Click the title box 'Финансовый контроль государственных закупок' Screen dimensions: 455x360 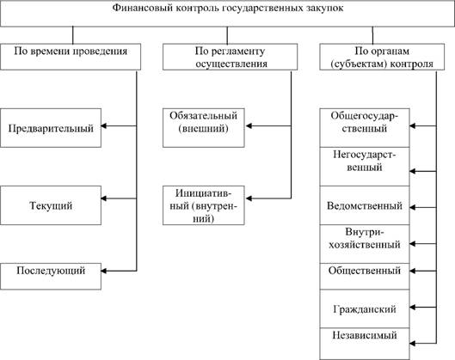click(227, 14)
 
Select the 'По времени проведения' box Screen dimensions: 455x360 click(71, 57)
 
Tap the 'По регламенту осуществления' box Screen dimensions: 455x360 click(231, 57)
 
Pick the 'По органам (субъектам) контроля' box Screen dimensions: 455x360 click(382, 57)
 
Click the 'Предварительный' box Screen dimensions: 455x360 click(51, 128)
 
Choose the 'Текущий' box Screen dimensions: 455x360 click(51, 205)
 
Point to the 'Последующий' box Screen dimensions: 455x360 click(51, 277)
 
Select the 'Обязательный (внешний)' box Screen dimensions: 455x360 click(203, 128)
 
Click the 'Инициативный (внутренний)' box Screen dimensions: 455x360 click(203, 205)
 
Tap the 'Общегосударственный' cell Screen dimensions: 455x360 click(365, 128)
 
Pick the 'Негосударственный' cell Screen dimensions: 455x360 click(365, 167)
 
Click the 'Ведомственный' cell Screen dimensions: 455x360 click(365, 205)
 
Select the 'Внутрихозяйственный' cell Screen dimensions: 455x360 click(365, 244)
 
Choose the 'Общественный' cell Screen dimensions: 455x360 click(365, 277)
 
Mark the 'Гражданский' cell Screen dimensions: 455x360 click(365, 308)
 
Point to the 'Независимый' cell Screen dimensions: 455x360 click(365, 344)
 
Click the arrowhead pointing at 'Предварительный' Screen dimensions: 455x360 click(103, 126)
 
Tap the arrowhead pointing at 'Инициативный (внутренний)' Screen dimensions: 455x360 click(249, 198)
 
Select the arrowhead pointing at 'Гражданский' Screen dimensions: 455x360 click(412, 308)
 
